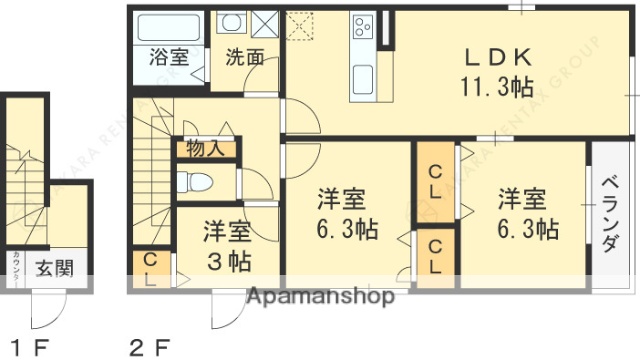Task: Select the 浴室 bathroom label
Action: tap(165, 58)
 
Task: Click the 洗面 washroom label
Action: tap(245, 58)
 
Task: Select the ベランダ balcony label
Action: tap(611, 215)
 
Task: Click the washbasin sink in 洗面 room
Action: tap(231, 24)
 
